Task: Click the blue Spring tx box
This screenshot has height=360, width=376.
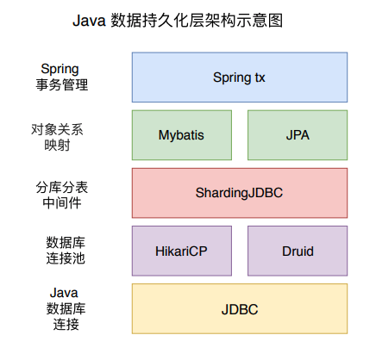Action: (x=239, y=77)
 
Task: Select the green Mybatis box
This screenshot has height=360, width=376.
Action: (x=181, y=134)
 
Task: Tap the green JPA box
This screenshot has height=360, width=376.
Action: (x=298, y=134)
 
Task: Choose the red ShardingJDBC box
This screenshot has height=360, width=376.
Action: (x=239, y=193)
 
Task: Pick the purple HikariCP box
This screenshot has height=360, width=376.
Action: (x=181, y=251)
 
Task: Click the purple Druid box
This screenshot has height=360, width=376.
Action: (x=298, y=251)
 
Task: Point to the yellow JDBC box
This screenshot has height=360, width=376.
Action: (x=239, y=308)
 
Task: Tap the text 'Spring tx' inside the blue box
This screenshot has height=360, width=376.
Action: (x=239, y=77)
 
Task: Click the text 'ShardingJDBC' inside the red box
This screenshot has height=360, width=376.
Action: (x=239, y=193)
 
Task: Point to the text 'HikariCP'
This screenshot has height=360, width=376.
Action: (x=181, y=251)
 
